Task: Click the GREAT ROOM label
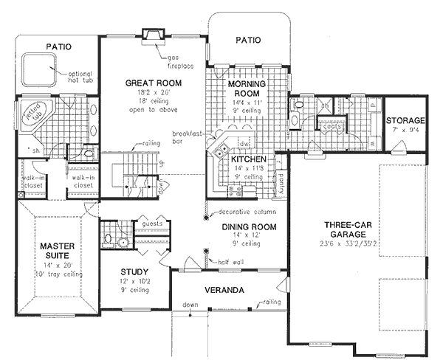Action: (x=154, y=83)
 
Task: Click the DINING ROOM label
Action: (x=249, y=227)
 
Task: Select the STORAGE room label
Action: (x=405, y=120)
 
